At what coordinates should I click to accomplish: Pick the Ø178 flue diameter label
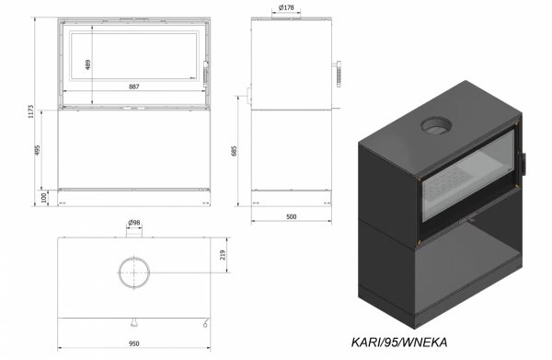tap(285, 7)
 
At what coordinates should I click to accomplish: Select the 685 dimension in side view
tap(236, 149)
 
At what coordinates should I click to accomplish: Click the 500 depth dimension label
tap(290, 218)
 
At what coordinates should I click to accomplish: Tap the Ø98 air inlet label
tap(134, 223)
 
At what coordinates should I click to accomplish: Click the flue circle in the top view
tap(135, 273)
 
